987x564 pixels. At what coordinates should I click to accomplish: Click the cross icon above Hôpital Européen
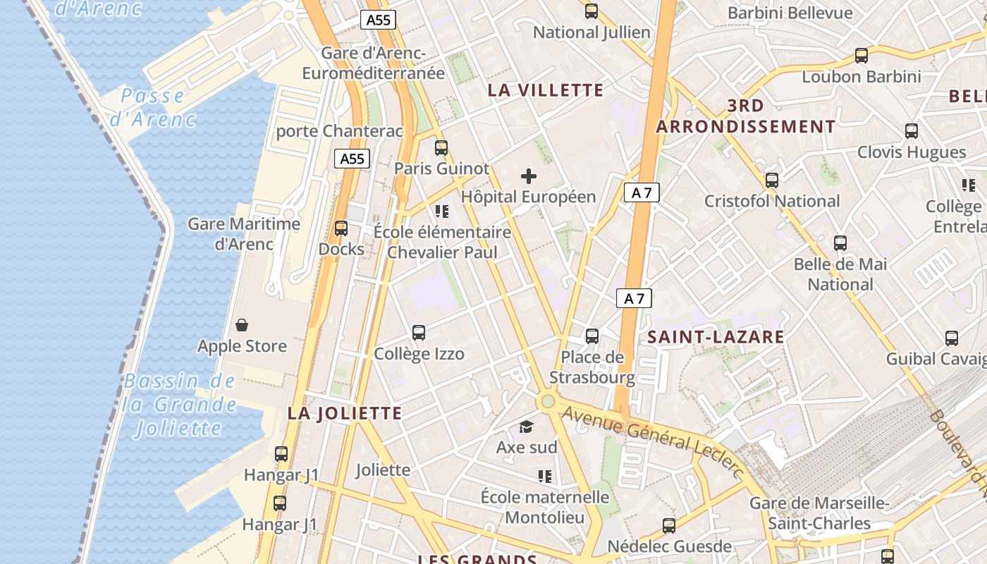coord(528,176)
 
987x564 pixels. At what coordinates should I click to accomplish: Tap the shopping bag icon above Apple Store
coord(242,325)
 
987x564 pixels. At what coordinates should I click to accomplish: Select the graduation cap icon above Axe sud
coord(526,427)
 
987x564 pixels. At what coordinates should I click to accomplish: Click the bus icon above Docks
coord(341,228)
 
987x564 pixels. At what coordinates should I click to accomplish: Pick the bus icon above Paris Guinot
coord(441,148)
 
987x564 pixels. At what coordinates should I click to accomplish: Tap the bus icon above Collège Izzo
coord(419,333)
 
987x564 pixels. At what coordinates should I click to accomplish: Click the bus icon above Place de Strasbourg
coord(592,336)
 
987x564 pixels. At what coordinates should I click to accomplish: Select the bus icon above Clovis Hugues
coord(912,131)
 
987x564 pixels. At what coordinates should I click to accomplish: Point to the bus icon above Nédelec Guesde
coord(669,526)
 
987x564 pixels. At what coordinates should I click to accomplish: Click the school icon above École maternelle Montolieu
coord(544,477)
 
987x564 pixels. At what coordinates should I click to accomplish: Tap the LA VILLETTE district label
coord(546,90)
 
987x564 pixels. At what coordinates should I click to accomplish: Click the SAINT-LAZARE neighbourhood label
coord(716,337)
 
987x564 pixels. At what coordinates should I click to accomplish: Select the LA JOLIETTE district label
coord(344,414)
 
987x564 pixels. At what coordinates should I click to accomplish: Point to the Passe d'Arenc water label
coord(152,107)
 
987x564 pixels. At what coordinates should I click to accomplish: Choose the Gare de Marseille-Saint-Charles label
coord(819,513)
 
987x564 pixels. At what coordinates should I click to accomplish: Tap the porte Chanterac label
coord(339,131)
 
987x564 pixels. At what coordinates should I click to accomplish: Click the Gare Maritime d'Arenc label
coord(243,234)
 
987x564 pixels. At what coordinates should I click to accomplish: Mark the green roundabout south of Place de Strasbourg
coord(548,402)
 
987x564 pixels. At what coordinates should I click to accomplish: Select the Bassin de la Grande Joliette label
coord(179,405)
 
